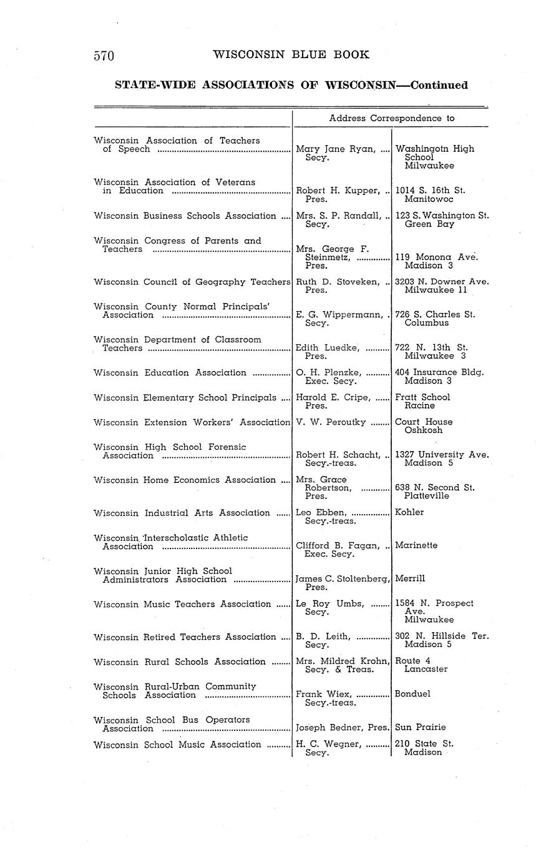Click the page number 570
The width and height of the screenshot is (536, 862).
click(104, 56)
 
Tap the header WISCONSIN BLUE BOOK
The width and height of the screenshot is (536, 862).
click(291, 55)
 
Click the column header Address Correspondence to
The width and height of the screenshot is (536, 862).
click(391, 118)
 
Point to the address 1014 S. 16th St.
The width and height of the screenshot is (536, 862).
click(430, 191)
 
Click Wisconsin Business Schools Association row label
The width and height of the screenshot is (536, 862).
click(185, 216)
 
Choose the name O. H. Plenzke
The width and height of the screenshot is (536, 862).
click(329, 373)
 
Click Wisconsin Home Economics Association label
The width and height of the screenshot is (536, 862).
click(185, 480)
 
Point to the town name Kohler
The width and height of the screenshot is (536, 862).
click(409, 512)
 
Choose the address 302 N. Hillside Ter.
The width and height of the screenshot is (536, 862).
click(442, 637)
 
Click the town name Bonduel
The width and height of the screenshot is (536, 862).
click(412, 694)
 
